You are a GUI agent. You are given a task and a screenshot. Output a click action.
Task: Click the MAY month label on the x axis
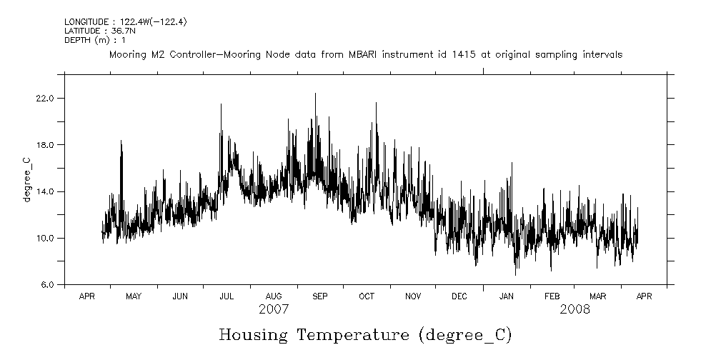coord(134,296)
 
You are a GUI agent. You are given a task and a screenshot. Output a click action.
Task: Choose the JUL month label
coord(227,296)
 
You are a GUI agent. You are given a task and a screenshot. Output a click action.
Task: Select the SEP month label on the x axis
coord(319,296)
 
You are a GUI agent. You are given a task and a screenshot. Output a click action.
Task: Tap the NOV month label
coord(413,296)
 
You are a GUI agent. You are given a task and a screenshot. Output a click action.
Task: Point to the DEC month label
coord(459,296)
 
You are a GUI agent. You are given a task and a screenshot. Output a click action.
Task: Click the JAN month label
coord(506,296)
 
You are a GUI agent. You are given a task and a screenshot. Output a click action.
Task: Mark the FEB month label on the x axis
coord(552,296)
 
